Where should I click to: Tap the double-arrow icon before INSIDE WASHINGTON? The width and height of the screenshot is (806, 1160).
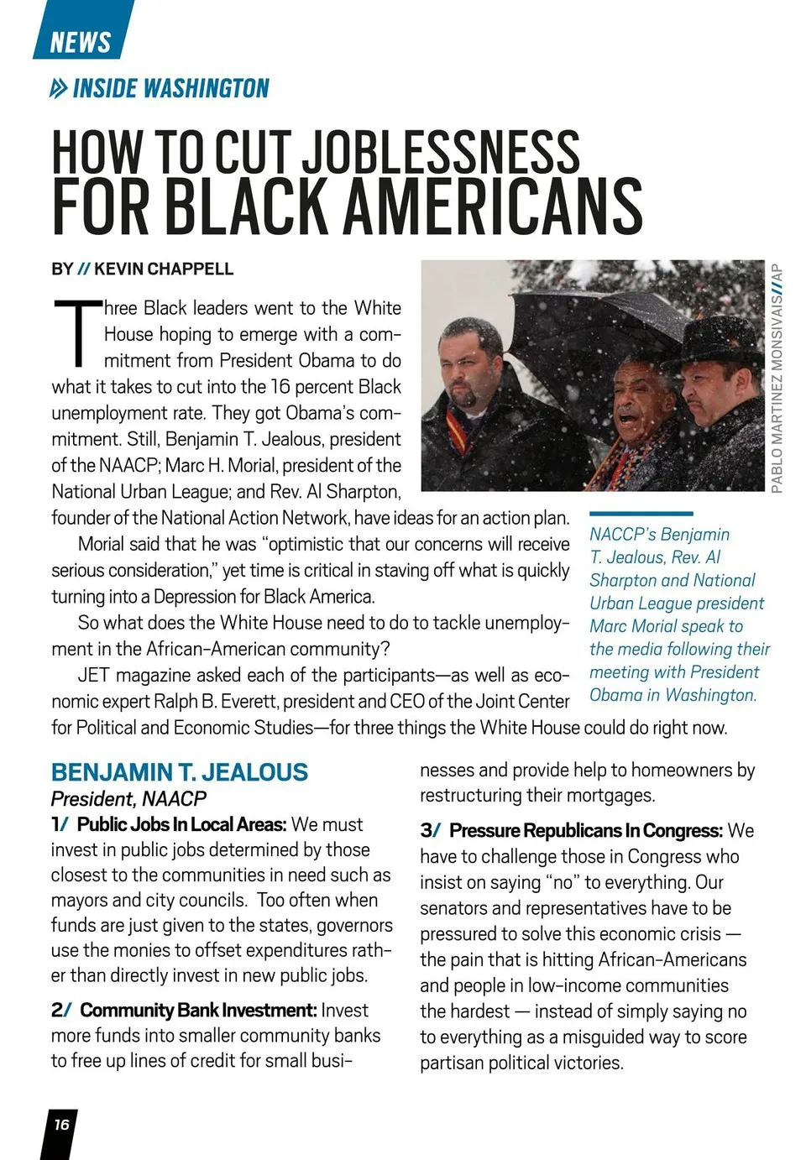59,88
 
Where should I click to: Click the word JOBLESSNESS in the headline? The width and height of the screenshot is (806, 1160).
441,153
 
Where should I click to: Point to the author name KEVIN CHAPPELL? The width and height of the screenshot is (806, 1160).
164,269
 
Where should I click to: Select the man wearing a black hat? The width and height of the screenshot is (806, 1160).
714,369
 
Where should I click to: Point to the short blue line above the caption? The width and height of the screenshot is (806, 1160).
641,513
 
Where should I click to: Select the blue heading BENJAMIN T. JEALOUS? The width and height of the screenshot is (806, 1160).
180,772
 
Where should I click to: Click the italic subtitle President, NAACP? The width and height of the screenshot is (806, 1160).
128,799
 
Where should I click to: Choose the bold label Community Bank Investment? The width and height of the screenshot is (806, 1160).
198,1011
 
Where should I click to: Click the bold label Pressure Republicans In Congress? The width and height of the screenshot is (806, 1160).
585,831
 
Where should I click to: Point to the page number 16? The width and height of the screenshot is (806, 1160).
61,1125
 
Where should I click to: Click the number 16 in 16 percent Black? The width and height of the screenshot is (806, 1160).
280,387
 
